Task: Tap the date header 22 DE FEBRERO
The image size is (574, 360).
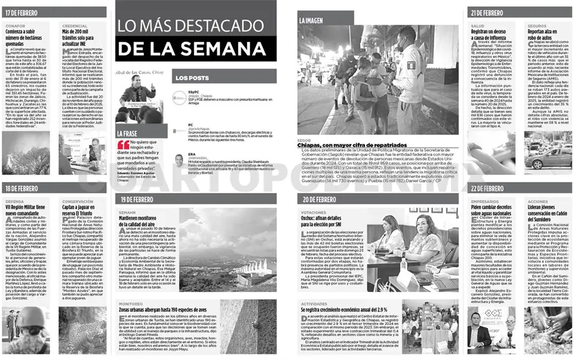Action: click(x=487, y=188)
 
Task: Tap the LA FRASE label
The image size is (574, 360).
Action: click(x=127, y=133)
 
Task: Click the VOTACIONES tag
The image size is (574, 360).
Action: click(x=313, y=212)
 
